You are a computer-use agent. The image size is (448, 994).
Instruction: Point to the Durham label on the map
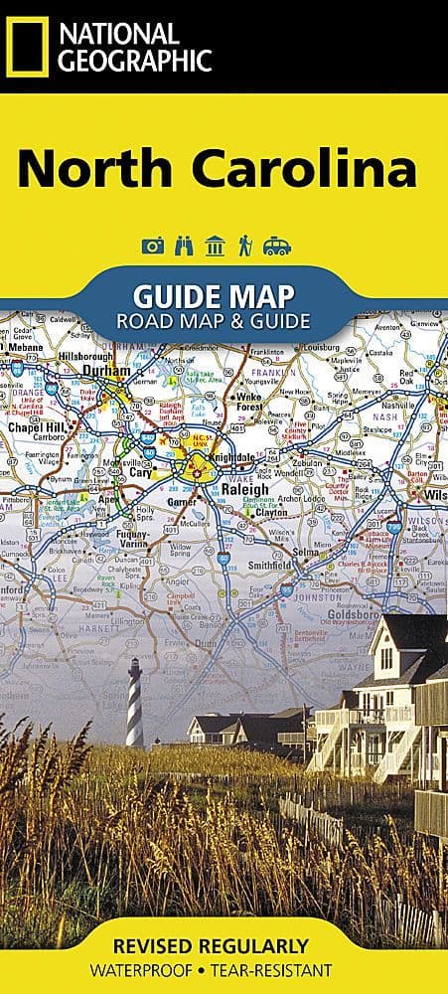click(106, 371)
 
